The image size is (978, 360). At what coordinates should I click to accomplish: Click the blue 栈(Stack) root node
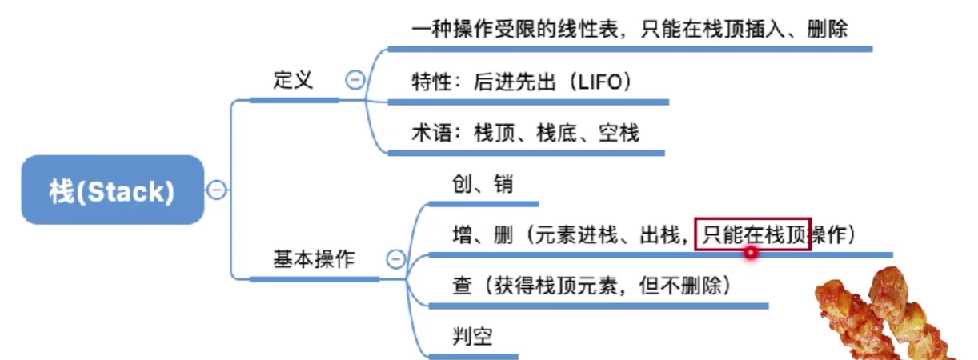(112, 190)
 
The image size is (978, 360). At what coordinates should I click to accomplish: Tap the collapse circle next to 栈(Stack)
(216, 190)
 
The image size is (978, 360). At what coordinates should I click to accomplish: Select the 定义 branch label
(293, 80)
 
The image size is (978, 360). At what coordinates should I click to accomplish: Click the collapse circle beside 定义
(354, 80)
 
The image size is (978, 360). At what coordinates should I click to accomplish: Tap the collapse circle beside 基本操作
(395, 259)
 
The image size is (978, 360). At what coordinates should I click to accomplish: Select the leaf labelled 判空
(472, 337)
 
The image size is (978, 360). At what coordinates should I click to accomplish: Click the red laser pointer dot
(751, 253)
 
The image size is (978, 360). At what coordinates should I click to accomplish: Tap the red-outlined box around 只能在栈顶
(752, 235)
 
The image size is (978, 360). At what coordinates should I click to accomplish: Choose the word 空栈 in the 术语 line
(619, 133)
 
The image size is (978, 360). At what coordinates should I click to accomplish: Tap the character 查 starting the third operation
(463, 286)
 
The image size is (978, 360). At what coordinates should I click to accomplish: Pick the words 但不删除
(683, 286)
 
